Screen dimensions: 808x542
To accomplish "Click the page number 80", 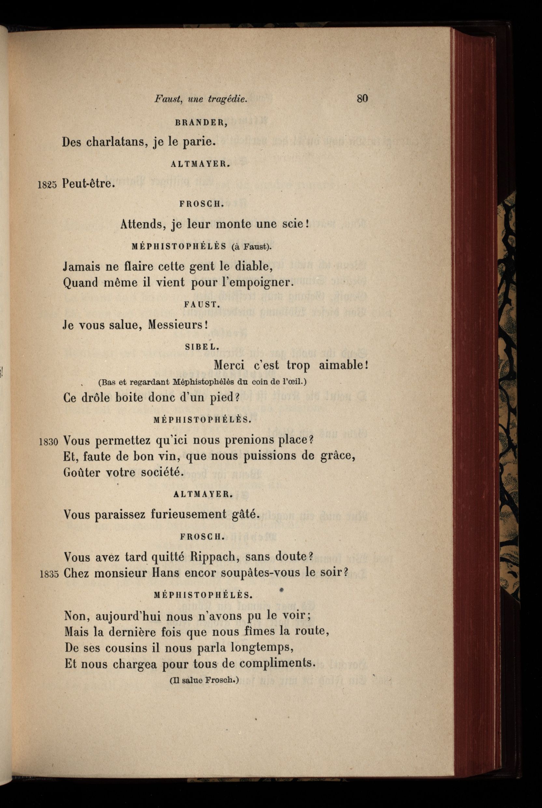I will pyautogui.click(x=362, y=99).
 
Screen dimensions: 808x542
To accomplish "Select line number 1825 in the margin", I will pyautogui.click(x=47, y=185).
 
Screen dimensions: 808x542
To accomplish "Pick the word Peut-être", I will pyautogui.click(x=88, y=183).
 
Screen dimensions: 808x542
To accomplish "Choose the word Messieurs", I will pyautogui.click(x=177, y=325).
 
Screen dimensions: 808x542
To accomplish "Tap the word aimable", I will pyautogui.click(x=342, y=365).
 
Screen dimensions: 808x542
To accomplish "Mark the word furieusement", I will pyautogui.click(x=188, y=515).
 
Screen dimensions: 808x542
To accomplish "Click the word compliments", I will pyautogui.click(x=277, y=663).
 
